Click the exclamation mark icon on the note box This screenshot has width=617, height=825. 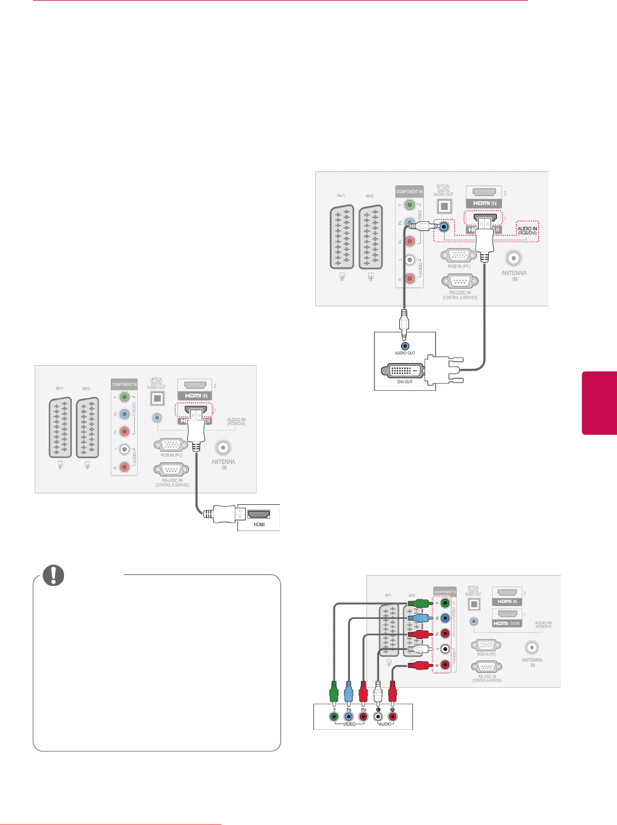pos(53,575)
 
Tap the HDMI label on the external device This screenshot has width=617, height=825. pos(259,524)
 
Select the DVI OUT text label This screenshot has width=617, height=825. pos(405,382)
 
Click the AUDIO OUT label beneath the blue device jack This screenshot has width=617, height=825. pos(405,353)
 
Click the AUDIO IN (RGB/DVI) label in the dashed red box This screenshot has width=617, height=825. pos(527,230)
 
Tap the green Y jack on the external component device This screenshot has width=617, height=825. pos(333,716)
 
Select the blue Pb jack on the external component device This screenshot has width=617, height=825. pos(349,716)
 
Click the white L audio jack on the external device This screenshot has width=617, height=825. pos(378,716)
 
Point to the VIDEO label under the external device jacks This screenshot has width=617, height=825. pos(349,724)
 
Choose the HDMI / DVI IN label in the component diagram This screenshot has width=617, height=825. pos(507,623)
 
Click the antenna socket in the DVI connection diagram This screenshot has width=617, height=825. pos(514,259)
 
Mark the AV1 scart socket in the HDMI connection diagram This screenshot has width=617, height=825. pos(60,427)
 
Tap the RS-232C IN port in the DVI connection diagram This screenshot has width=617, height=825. pos(459,281)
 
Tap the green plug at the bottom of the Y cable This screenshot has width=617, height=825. pos(333,691)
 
